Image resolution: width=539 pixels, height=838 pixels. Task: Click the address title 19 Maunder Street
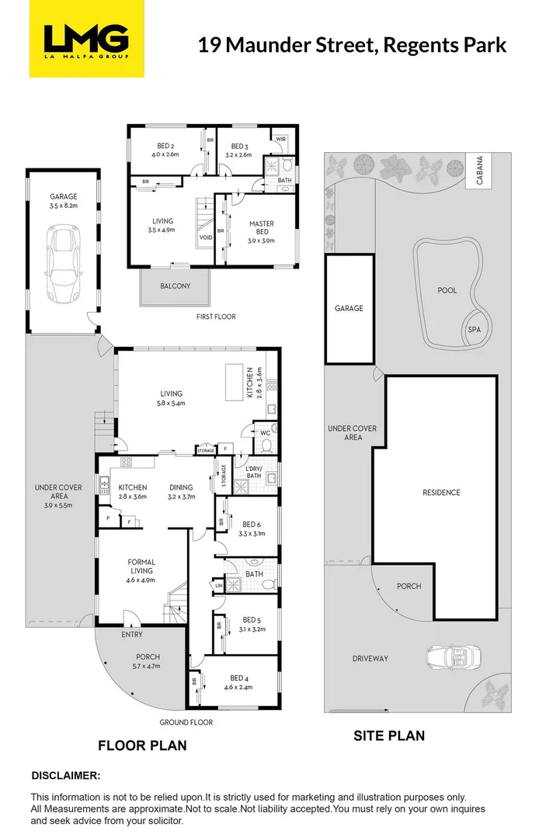coord(352,44)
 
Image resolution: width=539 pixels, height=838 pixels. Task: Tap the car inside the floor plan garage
coord(63,264)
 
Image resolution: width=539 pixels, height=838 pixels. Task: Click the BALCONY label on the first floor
coord(175,286)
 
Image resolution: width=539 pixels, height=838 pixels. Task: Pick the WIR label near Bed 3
coord(280,139)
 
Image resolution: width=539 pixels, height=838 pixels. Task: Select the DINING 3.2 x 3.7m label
coord(182,492)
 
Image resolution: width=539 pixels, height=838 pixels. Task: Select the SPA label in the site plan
coord(474,330)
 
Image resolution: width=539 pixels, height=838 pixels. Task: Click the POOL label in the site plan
coord(447,290)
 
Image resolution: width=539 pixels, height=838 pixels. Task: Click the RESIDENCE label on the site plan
coord(441,493)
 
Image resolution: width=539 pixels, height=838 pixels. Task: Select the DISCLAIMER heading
coord(66,775)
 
